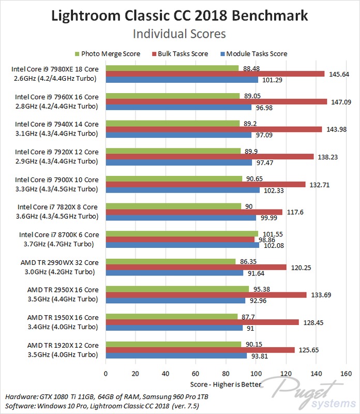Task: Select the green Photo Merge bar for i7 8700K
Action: click(x=182, y=234)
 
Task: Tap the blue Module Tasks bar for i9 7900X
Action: click(x=183, y=190)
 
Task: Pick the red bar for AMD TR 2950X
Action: click(x=206, y=295)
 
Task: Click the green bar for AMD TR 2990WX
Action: click(x=170, y=262)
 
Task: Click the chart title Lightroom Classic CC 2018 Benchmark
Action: click(x=179, y=16)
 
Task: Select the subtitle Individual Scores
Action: click(x=179, y=34)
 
